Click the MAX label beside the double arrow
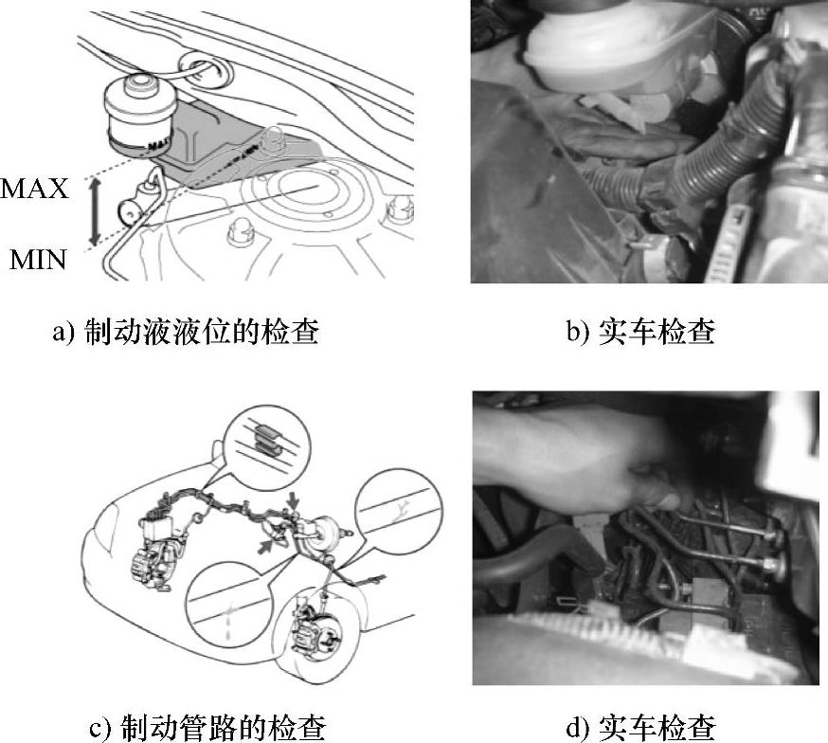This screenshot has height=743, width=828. click(x=35, y=189)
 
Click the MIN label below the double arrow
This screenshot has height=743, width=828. click(x=38, y=260)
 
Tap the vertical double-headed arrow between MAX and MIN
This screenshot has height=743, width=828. click(x=95, y=212)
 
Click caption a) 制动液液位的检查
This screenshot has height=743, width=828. click(x=186, y=332)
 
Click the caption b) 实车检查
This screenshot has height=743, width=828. click(x=640, y=332)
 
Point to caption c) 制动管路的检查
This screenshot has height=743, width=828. click(x=207, y=728)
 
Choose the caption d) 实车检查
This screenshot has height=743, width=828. click(x=640, y=728)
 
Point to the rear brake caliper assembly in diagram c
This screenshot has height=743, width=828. click(x=151, y=565)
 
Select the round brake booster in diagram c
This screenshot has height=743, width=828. click(x=319, y=536)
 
